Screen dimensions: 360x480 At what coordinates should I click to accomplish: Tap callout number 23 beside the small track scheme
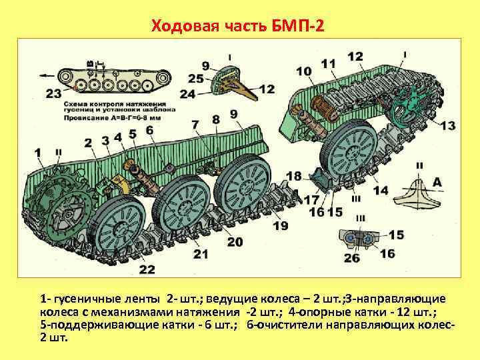[54, 93]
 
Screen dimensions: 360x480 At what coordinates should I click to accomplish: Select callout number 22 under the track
[147, 269]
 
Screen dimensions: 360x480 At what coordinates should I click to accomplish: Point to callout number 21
[200, 253]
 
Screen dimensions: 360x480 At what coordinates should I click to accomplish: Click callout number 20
[235, 242]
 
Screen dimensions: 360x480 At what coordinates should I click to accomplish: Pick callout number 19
[280, 226]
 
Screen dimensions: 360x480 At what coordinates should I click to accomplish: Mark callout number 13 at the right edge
[447, 125]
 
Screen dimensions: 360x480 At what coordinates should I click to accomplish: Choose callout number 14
[381, 190]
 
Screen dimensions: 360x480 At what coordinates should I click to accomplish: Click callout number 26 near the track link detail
[351, 258]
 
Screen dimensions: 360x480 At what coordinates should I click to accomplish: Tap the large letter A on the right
[437, 182]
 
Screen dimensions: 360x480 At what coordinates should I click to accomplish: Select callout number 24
[187, 94]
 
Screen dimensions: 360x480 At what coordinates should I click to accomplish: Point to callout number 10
[303, 71]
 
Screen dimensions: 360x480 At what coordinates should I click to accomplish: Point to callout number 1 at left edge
[38, 153]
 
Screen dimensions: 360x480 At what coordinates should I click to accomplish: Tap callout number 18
[293, 176]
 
